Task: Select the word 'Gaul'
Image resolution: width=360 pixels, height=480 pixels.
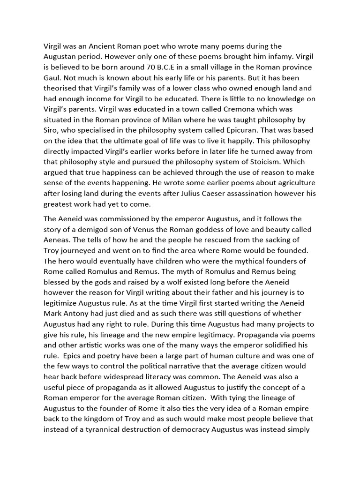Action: click(x=52, y=78)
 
